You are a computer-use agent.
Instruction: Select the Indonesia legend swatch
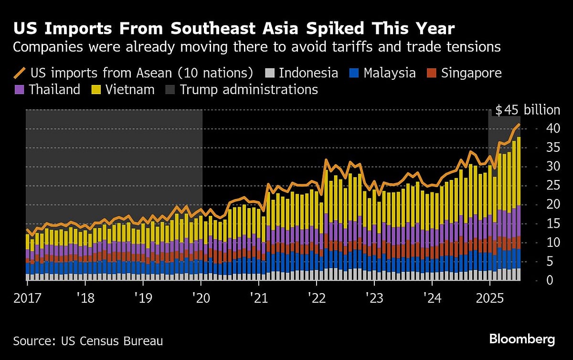coord(270,73)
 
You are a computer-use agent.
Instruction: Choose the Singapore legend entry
coord(471,73)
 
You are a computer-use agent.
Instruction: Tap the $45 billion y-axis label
coord(527,110)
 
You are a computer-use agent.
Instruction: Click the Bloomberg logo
coord(522,339)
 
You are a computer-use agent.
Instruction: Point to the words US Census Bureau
coord(112,341)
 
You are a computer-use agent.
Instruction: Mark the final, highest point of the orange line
coord(519,124)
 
